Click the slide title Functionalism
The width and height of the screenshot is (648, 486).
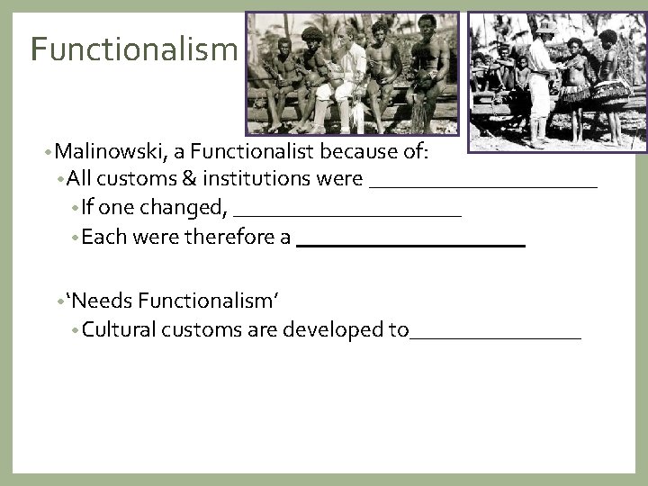(x=131, y=49)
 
